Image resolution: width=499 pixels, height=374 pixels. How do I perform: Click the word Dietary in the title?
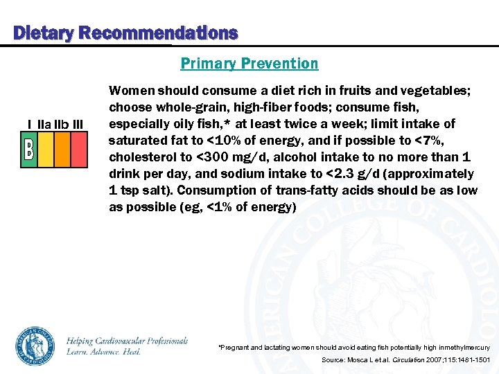tap(44, 33)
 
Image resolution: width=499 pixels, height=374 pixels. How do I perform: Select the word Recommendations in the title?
tap(158, 33)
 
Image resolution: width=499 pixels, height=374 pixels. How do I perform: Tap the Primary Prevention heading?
tap(249, 64)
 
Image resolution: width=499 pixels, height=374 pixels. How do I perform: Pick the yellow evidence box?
tap(45, 150)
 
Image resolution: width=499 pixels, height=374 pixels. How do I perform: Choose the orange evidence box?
tap(62, 150)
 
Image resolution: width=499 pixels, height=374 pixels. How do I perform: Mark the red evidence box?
tap(79, 150)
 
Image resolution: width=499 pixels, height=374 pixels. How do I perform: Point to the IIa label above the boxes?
tap(43, 124)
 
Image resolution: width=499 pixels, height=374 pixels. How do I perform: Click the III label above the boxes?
tap(78, 124)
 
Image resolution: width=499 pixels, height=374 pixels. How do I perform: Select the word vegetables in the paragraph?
tap(437, 90)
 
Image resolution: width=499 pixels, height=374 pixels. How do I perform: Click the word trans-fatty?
tap(326, 190)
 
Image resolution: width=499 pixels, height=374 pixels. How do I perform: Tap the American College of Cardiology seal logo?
tap(35, 345)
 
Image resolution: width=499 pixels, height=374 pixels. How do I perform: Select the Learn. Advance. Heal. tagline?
tap(104, 352)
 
